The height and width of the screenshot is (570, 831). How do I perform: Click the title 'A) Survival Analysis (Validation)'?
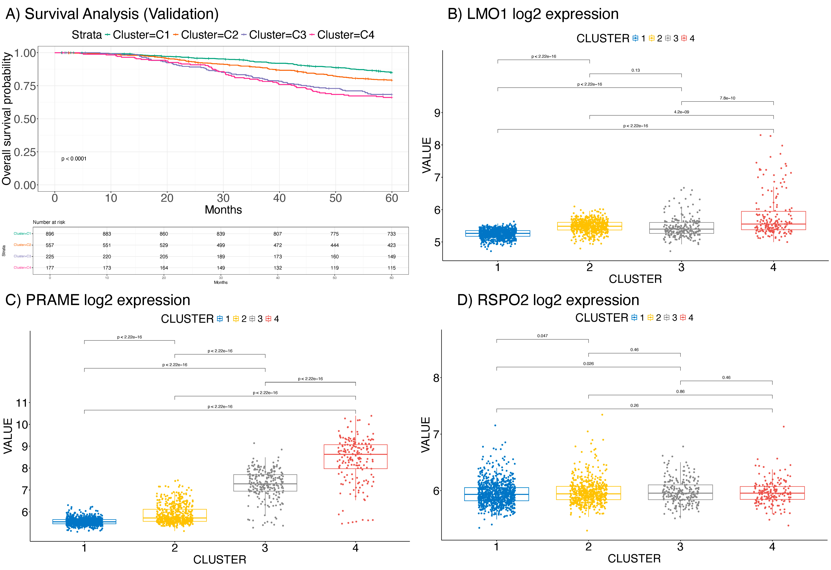point(112,14)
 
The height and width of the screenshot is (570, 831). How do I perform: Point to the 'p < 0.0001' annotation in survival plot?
point(74,159)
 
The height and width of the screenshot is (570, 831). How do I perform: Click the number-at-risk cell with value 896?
point(50,234)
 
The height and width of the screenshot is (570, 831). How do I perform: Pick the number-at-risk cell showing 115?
point(392,268)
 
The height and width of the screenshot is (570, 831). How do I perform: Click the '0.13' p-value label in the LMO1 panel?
point(635,70)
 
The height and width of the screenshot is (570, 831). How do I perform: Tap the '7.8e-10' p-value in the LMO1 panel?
point(727,98)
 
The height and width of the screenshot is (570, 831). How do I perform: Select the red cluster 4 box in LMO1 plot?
point(773,221)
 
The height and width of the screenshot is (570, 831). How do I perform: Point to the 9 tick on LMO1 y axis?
point(437,113)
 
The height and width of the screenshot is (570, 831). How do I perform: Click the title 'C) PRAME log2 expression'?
point(98,300)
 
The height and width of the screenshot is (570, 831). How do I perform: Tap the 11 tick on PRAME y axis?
point(22,403)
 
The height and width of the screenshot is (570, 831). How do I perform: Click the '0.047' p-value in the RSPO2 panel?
point(542,336)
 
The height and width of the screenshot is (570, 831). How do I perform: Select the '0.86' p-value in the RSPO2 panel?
point(680,391)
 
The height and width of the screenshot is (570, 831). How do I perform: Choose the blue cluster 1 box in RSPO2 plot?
point(496,494)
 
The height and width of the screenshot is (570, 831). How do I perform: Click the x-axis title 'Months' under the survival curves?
point(223,210)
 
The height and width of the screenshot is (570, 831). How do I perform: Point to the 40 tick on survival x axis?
point(279,198)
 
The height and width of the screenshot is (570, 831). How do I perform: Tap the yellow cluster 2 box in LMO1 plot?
point(589,226)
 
